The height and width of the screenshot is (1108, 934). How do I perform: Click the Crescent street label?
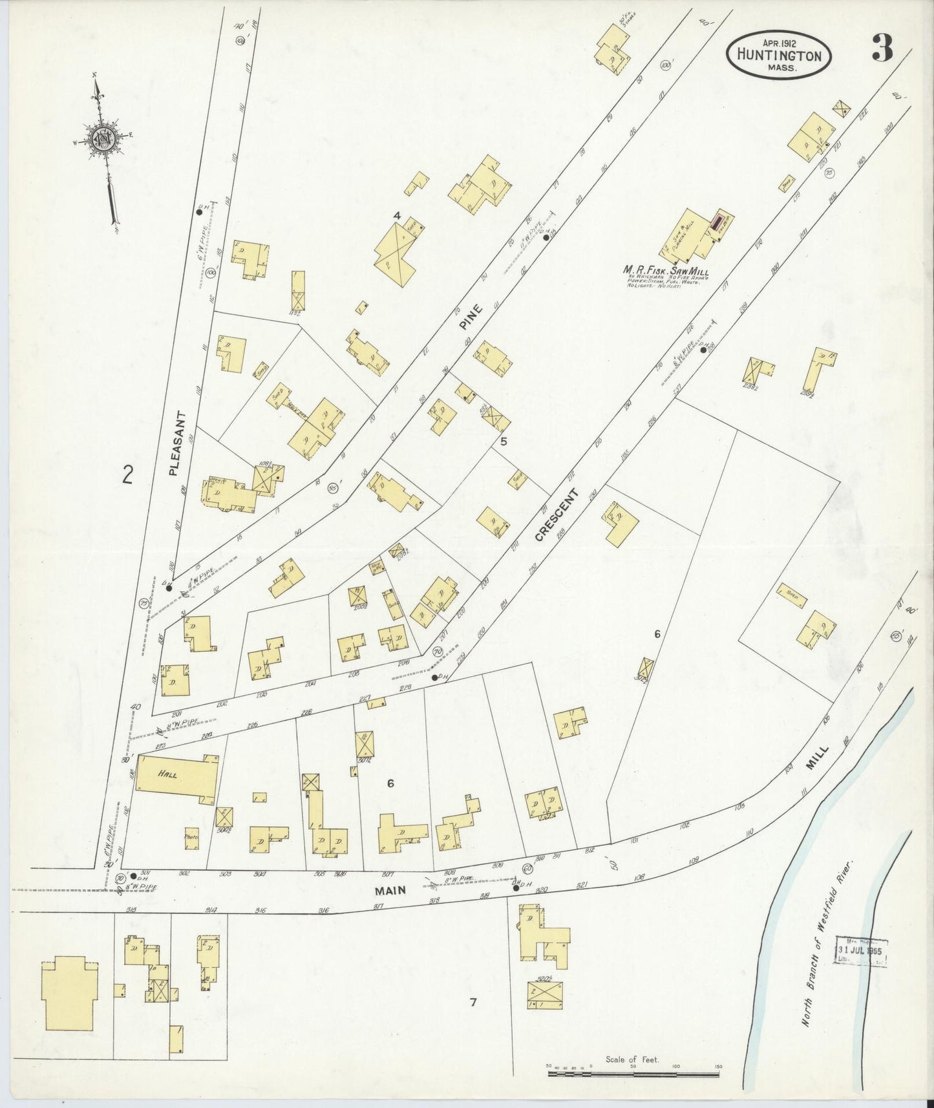(555, 515)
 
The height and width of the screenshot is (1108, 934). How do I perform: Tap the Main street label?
(391, 890)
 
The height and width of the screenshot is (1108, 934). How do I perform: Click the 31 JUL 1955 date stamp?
(860, 952)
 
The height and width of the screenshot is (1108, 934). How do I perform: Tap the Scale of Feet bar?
(633, 1074)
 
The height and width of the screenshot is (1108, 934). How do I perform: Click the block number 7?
(473, 1003)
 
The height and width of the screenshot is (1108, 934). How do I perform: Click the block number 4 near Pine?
(397, 215)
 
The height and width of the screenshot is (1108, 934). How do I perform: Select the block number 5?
(503, 442)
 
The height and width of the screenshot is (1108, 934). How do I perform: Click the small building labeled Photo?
(191, 838)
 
